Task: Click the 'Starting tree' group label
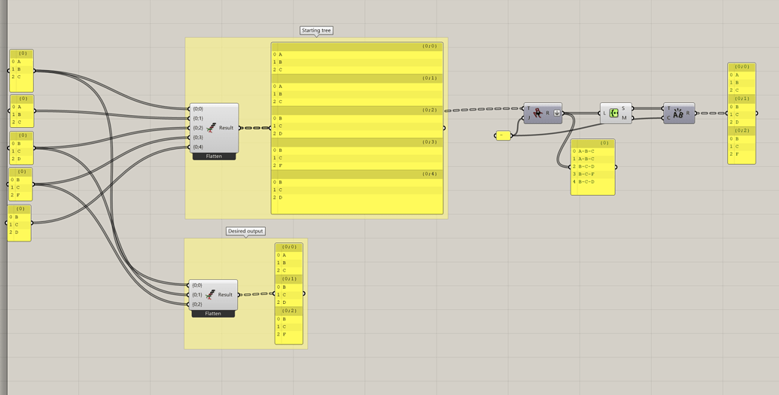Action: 316,31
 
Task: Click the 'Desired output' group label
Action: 246,231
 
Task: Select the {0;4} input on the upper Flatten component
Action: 198,147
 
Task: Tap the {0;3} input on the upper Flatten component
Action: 198,138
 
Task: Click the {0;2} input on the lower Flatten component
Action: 197,305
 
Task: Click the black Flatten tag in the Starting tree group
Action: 214,156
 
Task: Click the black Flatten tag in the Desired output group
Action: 213,314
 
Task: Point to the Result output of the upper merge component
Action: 227,128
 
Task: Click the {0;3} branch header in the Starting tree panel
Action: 429,142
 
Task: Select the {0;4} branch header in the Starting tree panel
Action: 429,174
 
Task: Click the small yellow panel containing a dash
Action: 504,135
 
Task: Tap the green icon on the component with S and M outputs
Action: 614,113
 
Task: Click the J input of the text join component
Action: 529,117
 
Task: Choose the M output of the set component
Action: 624,118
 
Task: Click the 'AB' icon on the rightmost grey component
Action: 678,113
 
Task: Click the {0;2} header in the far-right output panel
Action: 742,131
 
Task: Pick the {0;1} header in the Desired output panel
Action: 289,279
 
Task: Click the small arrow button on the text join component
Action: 557,113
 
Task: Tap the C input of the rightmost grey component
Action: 668,118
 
